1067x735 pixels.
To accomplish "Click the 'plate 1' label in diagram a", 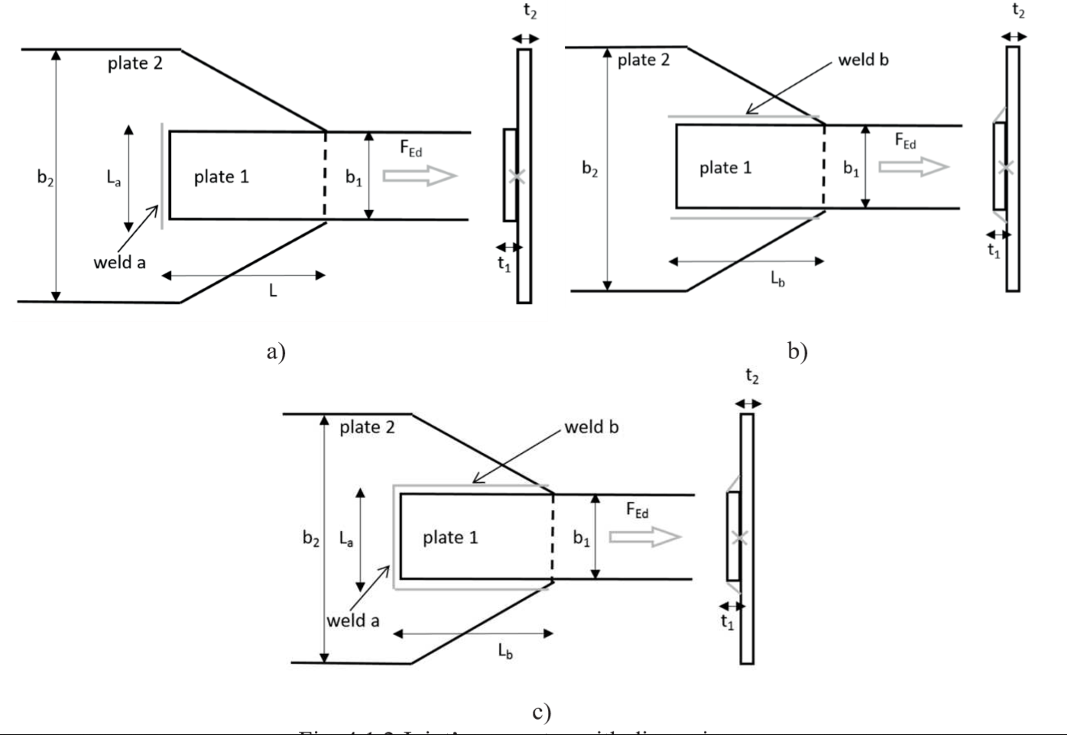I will coord(221,177).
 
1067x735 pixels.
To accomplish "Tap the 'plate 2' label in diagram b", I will coord(643,60).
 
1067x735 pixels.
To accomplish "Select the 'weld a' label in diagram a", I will coord(119,263).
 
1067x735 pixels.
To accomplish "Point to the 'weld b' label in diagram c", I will coord(591,427).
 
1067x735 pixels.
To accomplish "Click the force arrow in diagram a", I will coord(420,176).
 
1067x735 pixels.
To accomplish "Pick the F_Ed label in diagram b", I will coord(906,141).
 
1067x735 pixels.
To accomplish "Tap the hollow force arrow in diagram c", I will coord(645,537).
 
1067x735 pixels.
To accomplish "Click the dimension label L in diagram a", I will coord(272,290).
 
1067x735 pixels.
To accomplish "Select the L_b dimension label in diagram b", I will coord(777,279).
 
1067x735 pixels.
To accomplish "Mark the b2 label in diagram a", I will coord(45,177).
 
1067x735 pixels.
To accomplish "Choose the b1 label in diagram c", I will coord(582,539).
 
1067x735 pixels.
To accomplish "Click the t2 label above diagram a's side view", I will coord(530,11).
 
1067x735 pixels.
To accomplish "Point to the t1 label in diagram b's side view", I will coord(994,251).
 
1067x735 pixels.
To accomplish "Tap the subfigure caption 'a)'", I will coord(276,351).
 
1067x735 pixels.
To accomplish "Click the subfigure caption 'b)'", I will coord(797,351).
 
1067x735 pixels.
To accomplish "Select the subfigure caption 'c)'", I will coord(541,713).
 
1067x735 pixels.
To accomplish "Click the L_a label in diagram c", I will coord(346,539).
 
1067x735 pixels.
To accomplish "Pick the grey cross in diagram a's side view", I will coord(516,176).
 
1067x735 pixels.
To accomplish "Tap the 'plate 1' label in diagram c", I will coord(450,538).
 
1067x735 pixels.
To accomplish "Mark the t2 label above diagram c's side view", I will coord(752,377).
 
